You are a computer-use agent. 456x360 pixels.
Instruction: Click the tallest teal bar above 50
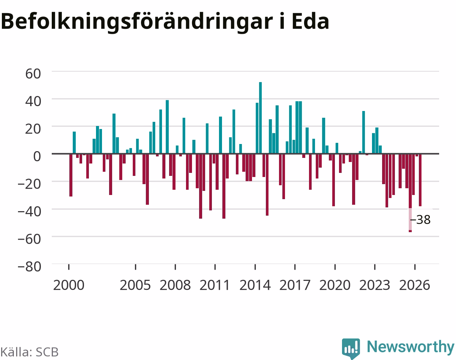260,118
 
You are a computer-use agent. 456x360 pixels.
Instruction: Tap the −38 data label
420,219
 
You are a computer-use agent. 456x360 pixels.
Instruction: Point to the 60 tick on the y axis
33,73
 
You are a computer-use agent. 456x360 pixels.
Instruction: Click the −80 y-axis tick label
30,267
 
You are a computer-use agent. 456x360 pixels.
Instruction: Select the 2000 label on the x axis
69,285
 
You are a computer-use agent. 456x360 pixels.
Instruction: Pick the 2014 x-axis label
255,285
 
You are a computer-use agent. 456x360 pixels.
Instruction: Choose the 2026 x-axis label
415,285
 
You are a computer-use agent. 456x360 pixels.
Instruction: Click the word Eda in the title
310,21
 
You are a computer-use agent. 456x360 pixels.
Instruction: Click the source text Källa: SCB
30,352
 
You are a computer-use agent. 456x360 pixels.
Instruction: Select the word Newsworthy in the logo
411,347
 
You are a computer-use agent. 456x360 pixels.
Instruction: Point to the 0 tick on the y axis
37,156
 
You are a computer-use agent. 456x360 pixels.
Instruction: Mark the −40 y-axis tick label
30,211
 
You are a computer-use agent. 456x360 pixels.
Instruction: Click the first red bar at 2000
71,175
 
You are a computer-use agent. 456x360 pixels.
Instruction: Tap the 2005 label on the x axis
135,285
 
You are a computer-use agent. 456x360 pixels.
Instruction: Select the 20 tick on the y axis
33,129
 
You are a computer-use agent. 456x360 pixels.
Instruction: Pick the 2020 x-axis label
335,285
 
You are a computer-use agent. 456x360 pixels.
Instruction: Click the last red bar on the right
420,180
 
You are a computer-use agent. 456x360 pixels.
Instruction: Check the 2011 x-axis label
215,285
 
